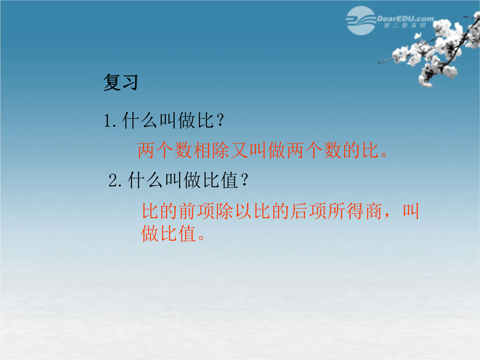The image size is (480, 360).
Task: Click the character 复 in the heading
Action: (112, 82)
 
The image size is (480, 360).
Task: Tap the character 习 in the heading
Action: (130, 82)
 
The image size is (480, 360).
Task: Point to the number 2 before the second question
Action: (112, 180)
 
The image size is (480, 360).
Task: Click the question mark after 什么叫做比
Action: (220, 120)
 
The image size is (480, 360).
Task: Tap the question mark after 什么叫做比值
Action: (244, 180)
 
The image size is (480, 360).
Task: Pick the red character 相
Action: (202, 150)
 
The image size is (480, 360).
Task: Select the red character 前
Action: (188, 211)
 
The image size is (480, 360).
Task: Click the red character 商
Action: (373, 211)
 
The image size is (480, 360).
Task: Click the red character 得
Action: (355, 211)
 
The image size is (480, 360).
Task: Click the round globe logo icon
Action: (361, 20)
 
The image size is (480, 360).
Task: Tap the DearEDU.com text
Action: (405, 19)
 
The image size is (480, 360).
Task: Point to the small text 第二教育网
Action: (404, 25)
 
